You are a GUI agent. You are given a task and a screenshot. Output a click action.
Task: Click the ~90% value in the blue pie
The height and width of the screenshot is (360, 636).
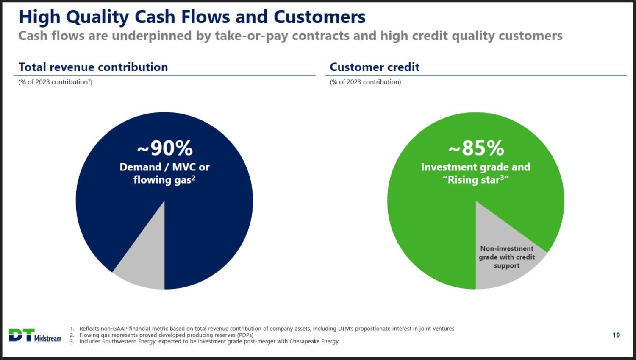pos(165,148)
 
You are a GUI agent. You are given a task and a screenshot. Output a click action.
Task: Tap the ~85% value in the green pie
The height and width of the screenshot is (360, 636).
pos(476,148)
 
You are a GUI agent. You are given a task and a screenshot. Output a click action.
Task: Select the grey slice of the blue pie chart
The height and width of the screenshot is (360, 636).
pos(145,256)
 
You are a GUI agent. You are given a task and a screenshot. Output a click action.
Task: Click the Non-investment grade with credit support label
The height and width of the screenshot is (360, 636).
pos(507,257)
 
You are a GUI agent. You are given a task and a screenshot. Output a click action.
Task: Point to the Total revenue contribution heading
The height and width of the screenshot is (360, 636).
pos(93,67)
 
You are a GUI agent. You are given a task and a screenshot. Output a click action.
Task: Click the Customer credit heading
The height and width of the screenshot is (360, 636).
pos(375,67)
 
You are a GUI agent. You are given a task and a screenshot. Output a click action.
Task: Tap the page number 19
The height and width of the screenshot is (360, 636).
pos(616,335)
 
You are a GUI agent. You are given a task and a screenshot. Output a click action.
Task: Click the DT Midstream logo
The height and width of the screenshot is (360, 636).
pos(35,335)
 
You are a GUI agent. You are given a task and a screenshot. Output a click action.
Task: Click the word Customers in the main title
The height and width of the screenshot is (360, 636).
pos(319,17)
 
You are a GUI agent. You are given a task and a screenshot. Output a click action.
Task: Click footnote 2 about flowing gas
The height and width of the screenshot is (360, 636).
pos(161,335)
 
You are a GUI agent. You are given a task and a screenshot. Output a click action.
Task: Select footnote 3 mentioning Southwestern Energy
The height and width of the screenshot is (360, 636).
pos(204,341)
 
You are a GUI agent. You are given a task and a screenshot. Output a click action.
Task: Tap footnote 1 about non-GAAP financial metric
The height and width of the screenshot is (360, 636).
pos(262,329)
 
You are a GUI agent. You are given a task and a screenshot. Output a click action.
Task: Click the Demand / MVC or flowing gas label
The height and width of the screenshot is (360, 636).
pos(165,173)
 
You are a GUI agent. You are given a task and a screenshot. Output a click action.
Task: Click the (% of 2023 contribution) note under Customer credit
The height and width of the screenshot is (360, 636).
pos(365,82)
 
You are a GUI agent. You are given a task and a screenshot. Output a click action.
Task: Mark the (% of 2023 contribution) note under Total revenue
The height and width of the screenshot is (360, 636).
pos(56,82)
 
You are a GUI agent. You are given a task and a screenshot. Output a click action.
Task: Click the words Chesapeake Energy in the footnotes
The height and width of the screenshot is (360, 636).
pos(314,341)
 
